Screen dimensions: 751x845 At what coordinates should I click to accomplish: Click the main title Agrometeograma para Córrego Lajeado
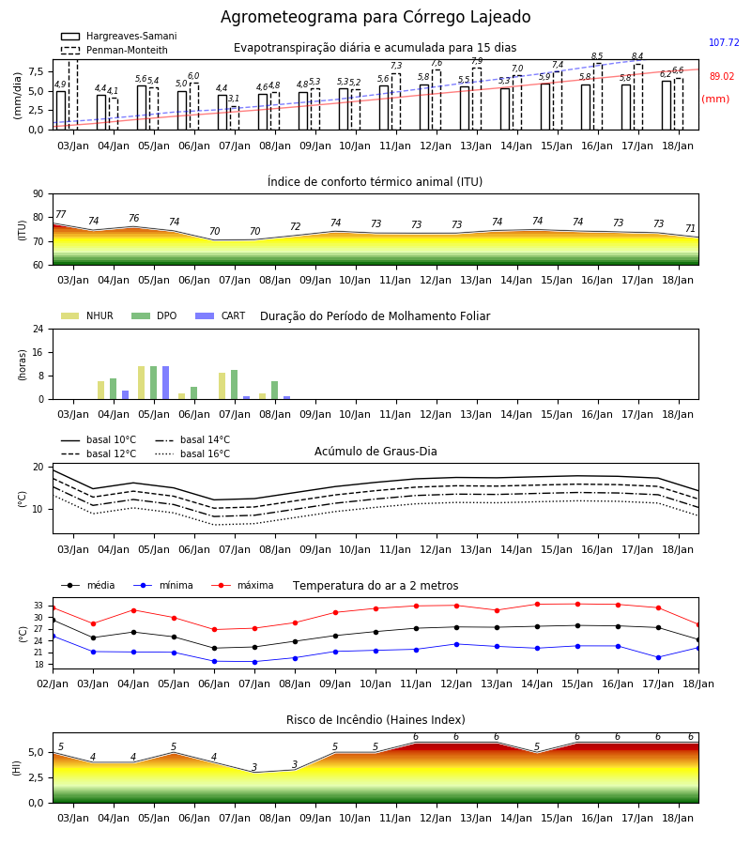point(375,17)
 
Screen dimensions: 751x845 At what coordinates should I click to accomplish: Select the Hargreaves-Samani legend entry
point(119,36)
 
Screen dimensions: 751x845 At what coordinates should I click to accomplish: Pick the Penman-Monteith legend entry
point(115,50)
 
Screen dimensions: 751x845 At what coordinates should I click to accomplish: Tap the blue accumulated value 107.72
point(724,42)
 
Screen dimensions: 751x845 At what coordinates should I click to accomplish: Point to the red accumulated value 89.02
point(721,77)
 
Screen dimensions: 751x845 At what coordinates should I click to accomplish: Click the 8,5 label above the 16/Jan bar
point(597,56)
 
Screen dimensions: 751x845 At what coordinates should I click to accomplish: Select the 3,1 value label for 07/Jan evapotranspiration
point(233,99)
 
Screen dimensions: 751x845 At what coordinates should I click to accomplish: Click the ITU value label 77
point(60,214)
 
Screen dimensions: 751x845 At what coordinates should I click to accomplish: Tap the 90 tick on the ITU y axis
point(38,194)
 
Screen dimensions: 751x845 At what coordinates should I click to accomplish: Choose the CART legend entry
point(221,315)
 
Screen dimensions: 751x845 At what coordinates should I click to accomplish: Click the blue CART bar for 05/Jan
point(166,383)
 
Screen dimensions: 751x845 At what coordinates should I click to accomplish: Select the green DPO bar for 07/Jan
point(235,385)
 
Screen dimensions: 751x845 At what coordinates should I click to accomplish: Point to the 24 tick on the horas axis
point(38,330)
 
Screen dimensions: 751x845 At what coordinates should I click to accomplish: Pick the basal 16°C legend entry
point(192,453)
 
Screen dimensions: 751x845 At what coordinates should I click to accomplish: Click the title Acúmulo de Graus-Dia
point(375,452)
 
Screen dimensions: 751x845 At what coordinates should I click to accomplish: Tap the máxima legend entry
point(242,585)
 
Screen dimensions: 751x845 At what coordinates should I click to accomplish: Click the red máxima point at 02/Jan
point(53,607)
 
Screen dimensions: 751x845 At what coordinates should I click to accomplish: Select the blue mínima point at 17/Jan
point(658,657)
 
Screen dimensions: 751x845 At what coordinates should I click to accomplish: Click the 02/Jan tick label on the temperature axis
point(53,684)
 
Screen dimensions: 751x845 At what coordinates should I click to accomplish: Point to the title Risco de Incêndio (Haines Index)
point(375,720)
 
